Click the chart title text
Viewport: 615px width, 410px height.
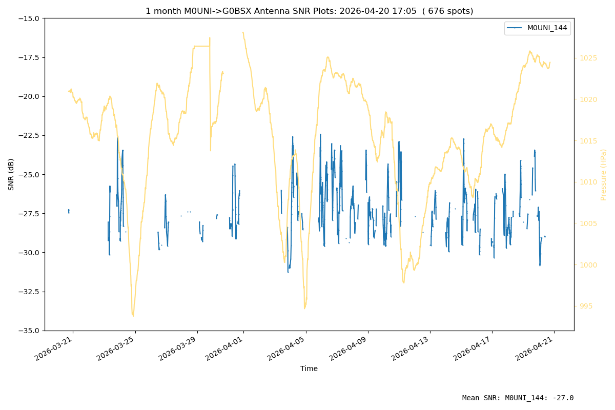[310, 11]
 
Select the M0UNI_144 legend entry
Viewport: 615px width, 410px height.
[537, 28]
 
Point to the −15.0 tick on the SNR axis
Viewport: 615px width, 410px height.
[29, 18]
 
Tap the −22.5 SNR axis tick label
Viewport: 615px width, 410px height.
[29, 135]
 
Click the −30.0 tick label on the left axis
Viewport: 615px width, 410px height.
[29, 252]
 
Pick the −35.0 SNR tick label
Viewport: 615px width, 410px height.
[29, 331]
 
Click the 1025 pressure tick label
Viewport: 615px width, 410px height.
[588, 58]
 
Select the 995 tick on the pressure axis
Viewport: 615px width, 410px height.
[586, 306]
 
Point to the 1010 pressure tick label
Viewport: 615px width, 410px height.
[588, 182]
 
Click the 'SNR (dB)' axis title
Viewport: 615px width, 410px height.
[11, 174]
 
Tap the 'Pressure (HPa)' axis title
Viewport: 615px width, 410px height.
[603, 175]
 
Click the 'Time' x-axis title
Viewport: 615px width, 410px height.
[309, 368]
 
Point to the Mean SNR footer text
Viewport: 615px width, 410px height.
[518, 398]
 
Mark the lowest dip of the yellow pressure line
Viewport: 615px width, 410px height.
[133, 316]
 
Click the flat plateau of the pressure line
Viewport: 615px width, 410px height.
[202, 46]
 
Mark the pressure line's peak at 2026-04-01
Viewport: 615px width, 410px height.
[243, 32]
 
